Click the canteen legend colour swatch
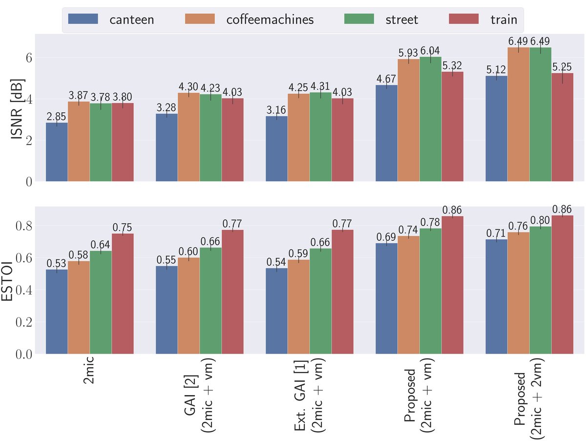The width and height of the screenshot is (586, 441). [83, 19]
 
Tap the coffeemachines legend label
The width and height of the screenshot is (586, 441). [270, 20]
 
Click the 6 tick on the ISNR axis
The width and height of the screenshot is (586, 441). [29, 57]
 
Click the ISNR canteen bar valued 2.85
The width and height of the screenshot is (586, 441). [57, 152]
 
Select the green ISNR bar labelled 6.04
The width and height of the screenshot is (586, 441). [430, 119]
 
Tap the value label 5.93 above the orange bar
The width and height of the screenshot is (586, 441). [408, 53]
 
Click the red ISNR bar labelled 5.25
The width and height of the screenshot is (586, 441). [562, 127]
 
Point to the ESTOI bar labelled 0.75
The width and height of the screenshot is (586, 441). [123, 294]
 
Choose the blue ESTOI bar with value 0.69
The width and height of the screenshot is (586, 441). [386, 298]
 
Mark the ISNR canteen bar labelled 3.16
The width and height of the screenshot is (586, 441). [276, 148]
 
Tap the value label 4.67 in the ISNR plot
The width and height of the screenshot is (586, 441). [386, 78]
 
